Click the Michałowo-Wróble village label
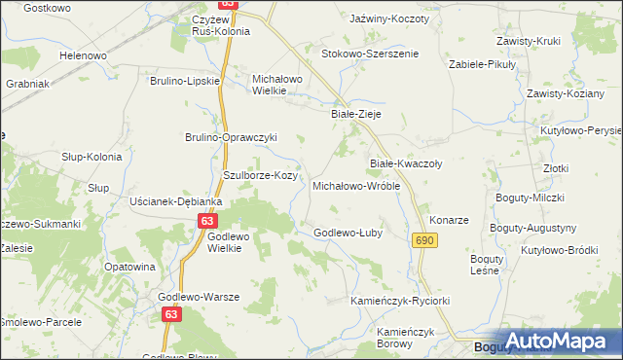pyautogui.click(x=356, y=185)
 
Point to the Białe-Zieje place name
pyautogui.click(x=355, y=114)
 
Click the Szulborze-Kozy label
pyautogui.click(x=260, y=175)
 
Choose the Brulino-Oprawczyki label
pyautogui.click(x=232, y=137)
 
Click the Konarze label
pyautogui.click(x=450, y=220)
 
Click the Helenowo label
pyautogui.click(x=83, y=55)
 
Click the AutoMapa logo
pyautogui.click(x=550, y=340)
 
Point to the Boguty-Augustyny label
pyautogui.click(x=535, y=228)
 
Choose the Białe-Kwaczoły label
pyautogui.click(x=406, y=164)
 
